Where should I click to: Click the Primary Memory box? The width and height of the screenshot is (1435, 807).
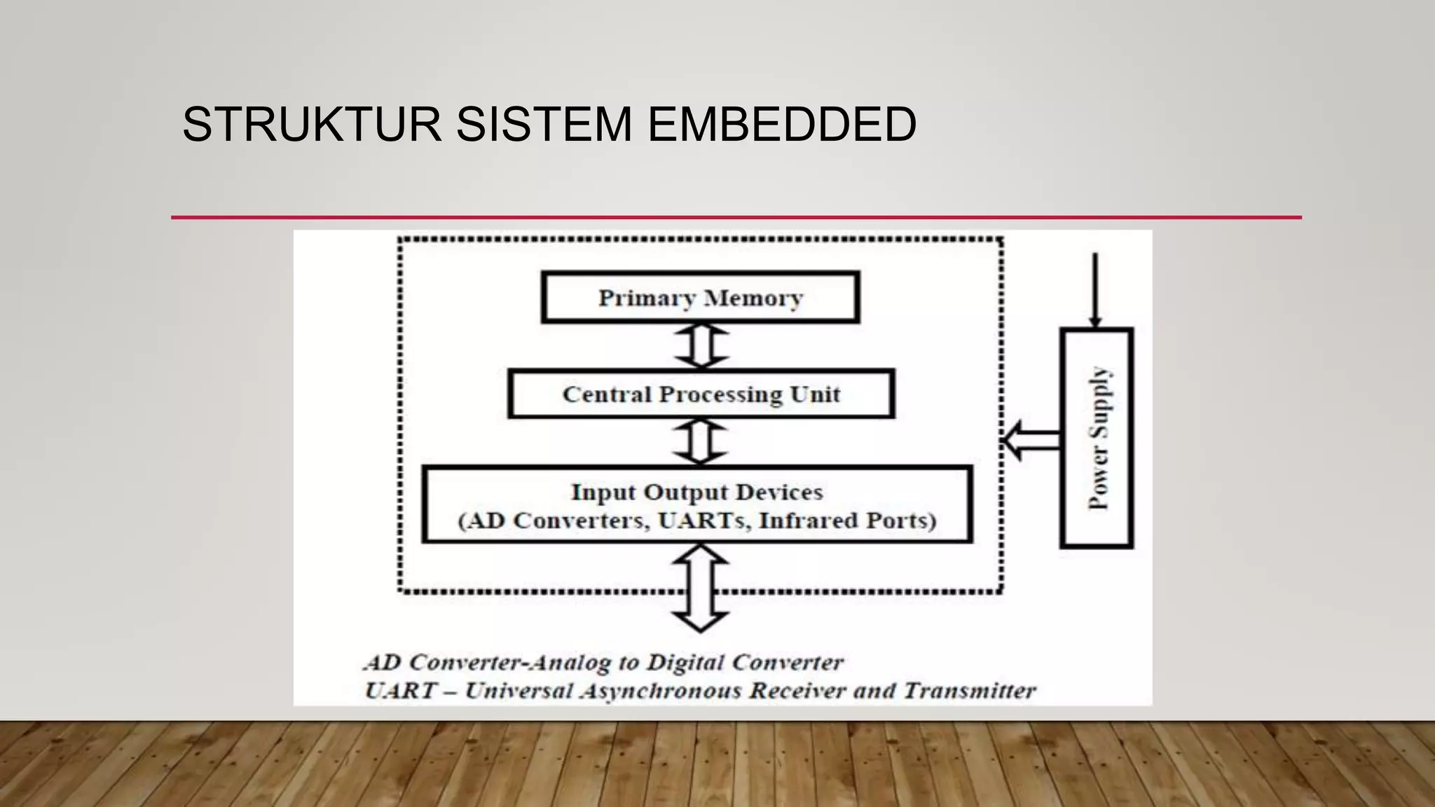(700, 298)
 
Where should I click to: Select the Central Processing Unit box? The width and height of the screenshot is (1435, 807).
(701, 394)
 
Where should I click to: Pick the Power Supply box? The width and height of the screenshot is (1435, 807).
(1097, 438)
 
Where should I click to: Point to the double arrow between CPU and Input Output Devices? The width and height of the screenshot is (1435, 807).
(701, 441)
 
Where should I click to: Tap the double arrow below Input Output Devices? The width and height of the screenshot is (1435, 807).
(701, 588)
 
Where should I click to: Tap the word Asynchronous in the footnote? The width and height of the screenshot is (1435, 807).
(661, 691)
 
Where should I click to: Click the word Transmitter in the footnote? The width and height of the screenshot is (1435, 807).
(969, 691)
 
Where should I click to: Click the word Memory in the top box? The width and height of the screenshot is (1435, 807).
(753, 298)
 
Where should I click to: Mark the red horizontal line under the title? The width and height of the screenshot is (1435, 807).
(736, 218)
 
